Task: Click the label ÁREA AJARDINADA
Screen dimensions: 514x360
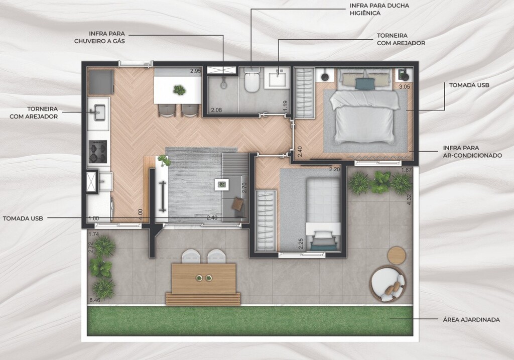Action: [471, 319]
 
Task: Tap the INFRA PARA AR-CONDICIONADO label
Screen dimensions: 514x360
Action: [472, 152]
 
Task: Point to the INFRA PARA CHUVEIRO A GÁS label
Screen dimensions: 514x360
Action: [100, 37]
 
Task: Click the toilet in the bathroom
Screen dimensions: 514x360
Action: [252, 80]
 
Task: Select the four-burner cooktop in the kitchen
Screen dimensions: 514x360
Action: [98, 152]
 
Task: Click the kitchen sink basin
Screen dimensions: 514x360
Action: [99, 112]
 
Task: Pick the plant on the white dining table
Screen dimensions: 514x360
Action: [179, 89]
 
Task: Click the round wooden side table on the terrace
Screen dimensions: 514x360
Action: [397, 256]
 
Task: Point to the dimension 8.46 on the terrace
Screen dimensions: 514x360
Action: [94, 300]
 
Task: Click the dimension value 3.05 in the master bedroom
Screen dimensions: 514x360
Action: [404, 87]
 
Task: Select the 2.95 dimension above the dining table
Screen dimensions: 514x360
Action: [196, 71]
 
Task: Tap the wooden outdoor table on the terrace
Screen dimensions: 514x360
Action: [204, 278]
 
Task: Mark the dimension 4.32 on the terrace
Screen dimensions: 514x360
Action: [409, 200]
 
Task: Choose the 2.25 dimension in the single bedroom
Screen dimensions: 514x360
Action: [301, 244]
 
